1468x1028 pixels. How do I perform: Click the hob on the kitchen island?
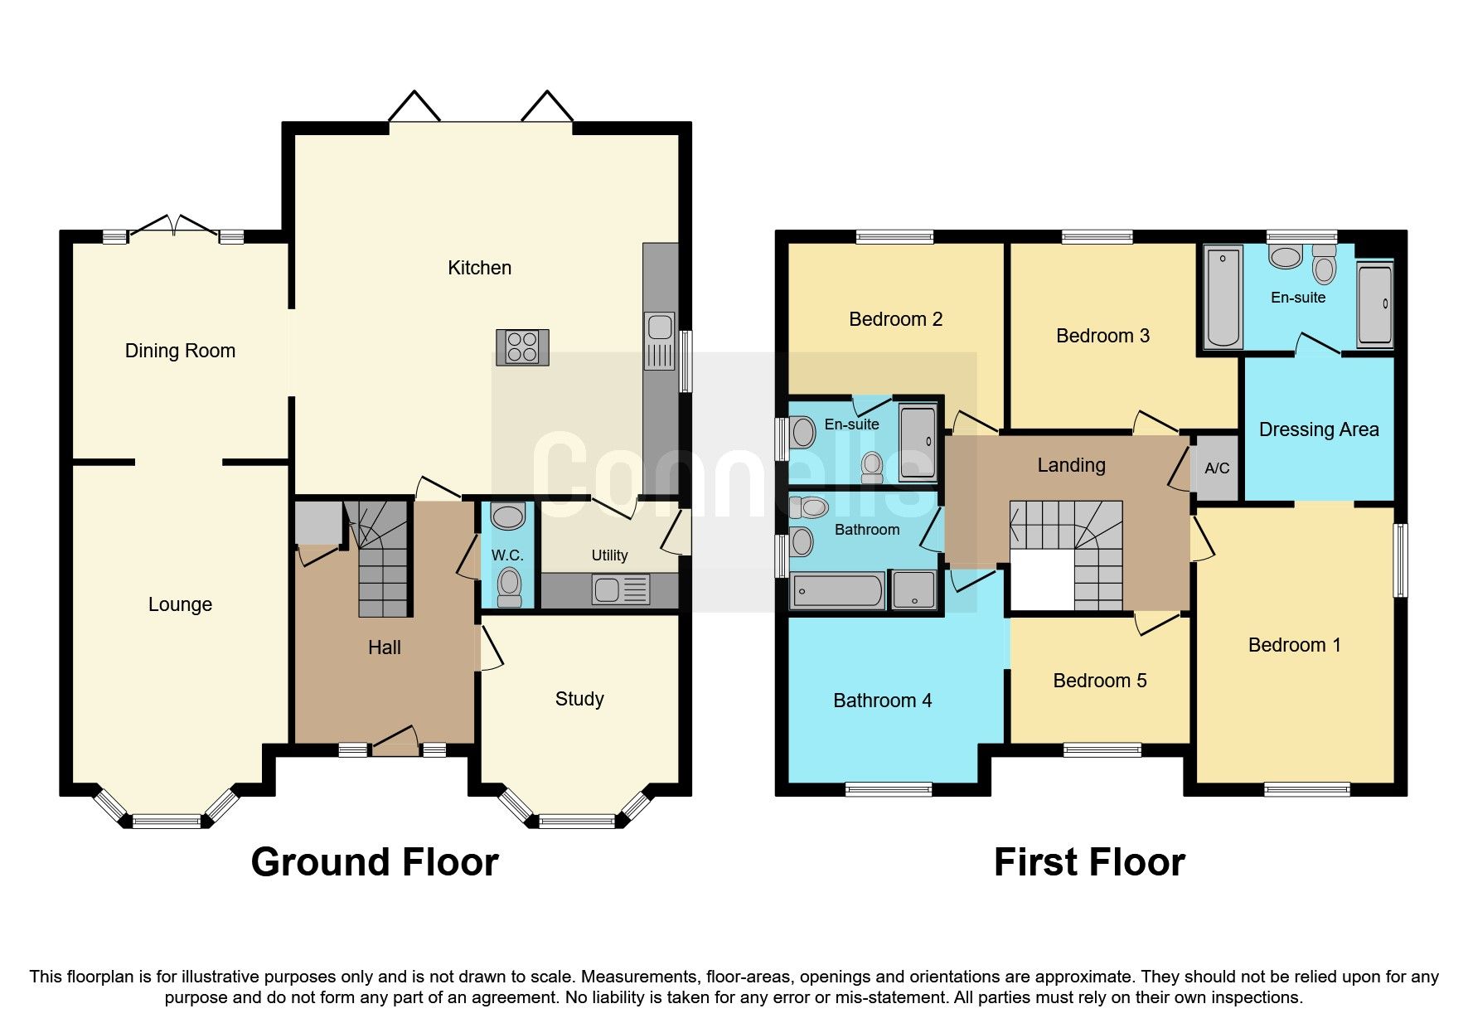522,347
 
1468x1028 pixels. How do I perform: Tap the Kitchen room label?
479,268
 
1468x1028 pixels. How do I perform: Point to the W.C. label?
507,555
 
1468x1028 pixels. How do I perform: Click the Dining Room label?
180,351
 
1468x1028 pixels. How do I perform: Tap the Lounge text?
180,604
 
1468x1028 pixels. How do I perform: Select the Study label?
579,699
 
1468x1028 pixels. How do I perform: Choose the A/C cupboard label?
1216,468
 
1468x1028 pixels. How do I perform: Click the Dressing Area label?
1318,429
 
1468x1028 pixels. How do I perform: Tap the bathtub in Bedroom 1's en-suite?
1223,297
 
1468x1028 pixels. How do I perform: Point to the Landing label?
1071,465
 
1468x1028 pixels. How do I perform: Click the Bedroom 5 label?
1099,681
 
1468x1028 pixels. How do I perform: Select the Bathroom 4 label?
882,701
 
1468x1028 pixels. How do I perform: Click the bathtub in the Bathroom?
838,591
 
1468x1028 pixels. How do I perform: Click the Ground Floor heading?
375,862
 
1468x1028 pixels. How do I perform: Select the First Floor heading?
1088,862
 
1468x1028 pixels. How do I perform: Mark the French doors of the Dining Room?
173,225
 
